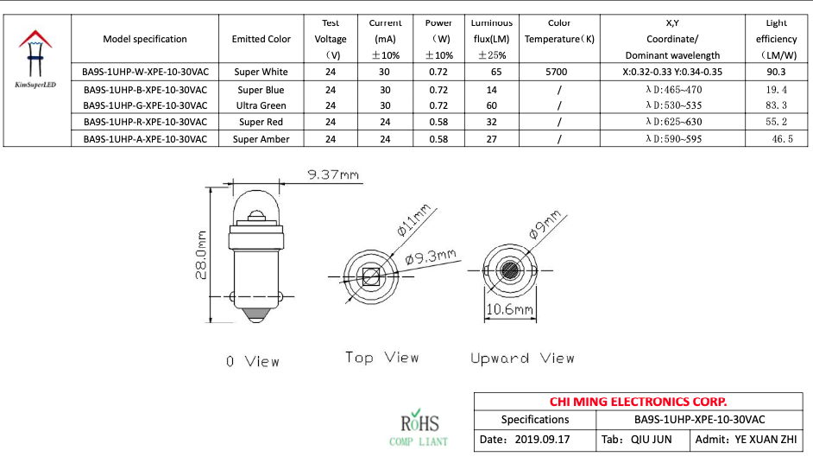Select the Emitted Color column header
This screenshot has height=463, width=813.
pos(261,39)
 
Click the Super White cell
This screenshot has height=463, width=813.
pos(261,72)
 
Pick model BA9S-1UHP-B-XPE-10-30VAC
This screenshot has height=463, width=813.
pos(145,90)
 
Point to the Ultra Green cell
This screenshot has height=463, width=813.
pos(261,105)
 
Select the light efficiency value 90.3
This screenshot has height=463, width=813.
pos(776,72)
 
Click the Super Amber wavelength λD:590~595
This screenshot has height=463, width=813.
pos(672,138)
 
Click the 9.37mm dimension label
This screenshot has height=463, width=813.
pos(333,175)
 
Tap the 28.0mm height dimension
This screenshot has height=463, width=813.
pos(200,257)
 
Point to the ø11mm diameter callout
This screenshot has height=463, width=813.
pos(413,219)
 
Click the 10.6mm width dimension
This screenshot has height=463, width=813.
pos(511,309)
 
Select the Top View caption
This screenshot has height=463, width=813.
pos(381,358)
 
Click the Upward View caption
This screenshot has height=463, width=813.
pos(521,358)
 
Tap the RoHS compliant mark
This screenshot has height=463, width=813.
pos(419,427)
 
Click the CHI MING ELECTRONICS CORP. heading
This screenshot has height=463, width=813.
pos(638,401)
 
